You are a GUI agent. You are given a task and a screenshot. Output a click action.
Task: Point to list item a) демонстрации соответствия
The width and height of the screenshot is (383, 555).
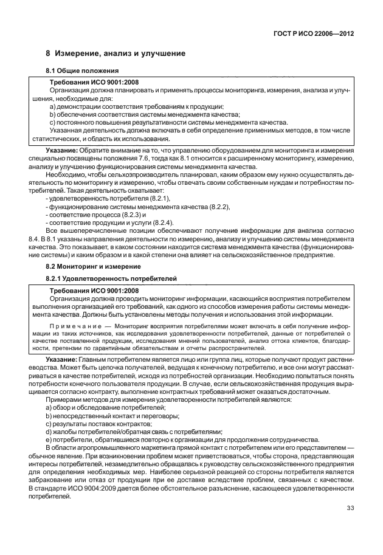pos(112,106)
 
